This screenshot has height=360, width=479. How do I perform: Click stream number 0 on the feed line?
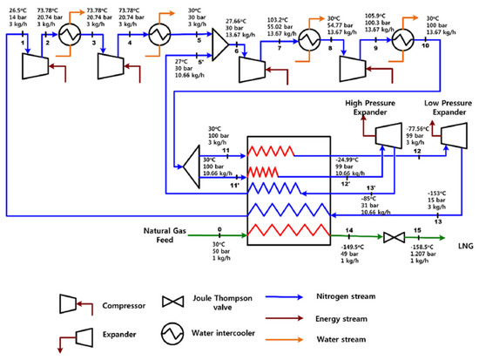219,229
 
